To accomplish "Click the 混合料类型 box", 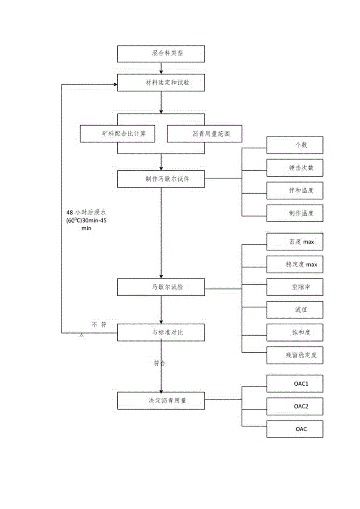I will click(x=161, y=53).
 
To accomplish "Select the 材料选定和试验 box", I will click(x=161, y=83).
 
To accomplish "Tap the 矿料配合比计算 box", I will click(x=118, y=134).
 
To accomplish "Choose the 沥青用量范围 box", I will click(x=205, y=134).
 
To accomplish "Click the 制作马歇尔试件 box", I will click(x=161, y=179).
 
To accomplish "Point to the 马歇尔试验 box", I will click(x=161, y=287).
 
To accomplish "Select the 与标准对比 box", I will click(x=161, y=333).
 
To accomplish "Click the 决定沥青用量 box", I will click(x=161, y=400).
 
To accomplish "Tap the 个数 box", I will click(x=295, y=145).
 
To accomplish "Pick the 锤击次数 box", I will click(x=295, y=168).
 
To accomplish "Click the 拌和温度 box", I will click(x=295, y=191).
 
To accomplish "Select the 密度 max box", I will click(x=295, y=242).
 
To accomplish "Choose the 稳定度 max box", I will click(x=295, y=264).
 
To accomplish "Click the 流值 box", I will click(x=295, y=309).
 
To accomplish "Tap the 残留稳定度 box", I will click(x=295, y=355).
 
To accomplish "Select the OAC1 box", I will click(x=295, y=384).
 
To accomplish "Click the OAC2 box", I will click(x=295, y=406).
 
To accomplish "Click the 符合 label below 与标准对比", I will click(x=160, y=363).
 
